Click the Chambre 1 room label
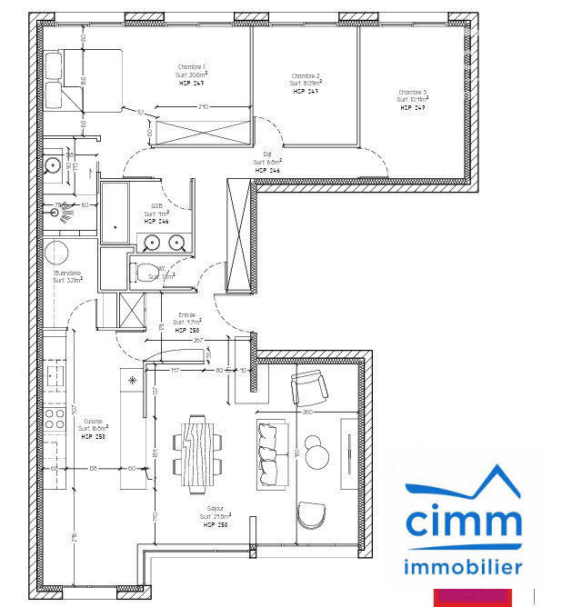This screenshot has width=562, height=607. point(191,67)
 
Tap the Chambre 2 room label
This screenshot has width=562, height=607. point(306,76)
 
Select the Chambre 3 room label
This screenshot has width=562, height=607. point(411,92)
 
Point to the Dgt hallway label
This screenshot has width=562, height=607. point(268,154)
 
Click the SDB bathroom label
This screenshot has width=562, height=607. point(156,206)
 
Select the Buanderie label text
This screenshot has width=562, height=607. point(68,274)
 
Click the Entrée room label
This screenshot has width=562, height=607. point(186,314)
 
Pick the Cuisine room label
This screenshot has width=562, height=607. point(94,421)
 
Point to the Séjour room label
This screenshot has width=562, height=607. point(215,511)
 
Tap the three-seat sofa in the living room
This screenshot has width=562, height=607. point(268,452)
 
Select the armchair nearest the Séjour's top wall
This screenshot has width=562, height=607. point(308,389)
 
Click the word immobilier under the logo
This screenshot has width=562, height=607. point(464,567)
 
